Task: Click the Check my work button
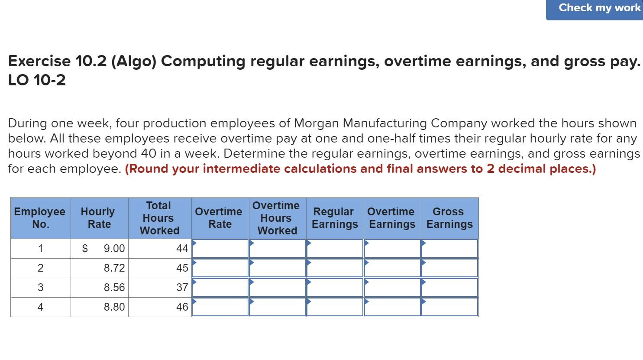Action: click(x=599, y=8)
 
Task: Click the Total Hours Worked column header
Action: click(x=159, y=218)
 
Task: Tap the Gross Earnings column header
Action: click(x=449, y=218)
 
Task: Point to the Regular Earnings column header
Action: click(x=335, y=218)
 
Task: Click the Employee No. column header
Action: click(x=40, y=218)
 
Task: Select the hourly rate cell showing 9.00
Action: click(x=114, y=249)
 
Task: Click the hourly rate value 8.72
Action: click(x=114, y=268)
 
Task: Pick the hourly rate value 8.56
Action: click(x=114, y=288)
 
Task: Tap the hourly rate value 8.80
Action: click(x=114, y=307)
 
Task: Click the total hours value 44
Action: click(x=182, y=249)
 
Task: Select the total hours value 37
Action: click(x=182, y=288)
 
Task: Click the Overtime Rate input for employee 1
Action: click(x=220, y=249)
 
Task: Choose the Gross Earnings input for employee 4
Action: click(x=449, y=307)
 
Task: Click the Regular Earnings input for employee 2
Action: click(x=335, y=268)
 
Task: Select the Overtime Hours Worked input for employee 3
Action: click(x=277, y=288)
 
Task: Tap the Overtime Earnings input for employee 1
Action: click(x=392, y=249)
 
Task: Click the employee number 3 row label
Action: click(x=40, y=288)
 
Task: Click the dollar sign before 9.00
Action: click(x=85, y=249)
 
